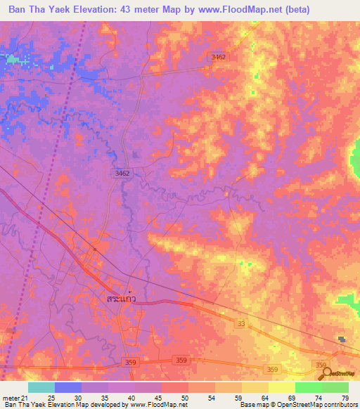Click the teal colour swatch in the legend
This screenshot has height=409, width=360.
coord(41,388)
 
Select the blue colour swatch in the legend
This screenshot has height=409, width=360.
coord(68,388)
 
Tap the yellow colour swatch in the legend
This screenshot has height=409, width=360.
coord(281,388)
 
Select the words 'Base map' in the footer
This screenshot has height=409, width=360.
coord(252,405)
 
